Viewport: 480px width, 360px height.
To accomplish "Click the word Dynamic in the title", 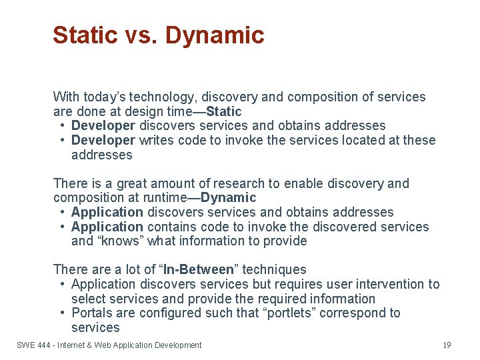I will coord(215,35).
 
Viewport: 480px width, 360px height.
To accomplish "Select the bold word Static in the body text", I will coord(224,111).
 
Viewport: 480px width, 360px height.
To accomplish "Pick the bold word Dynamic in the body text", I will coord(228,197).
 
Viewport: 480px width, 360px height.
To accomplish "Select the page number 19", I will coord(447,345).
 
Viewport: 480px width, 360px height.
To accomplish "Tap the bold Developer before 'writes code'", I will coord(103,140).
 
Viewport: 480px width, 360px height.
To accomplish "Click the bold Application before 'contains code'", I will coord(107,227).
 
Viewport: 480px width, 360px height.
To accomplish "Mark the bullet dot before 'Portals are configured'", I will coord(61,313).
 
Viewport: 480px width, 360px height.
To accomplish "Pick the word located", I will coord(347,140).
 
